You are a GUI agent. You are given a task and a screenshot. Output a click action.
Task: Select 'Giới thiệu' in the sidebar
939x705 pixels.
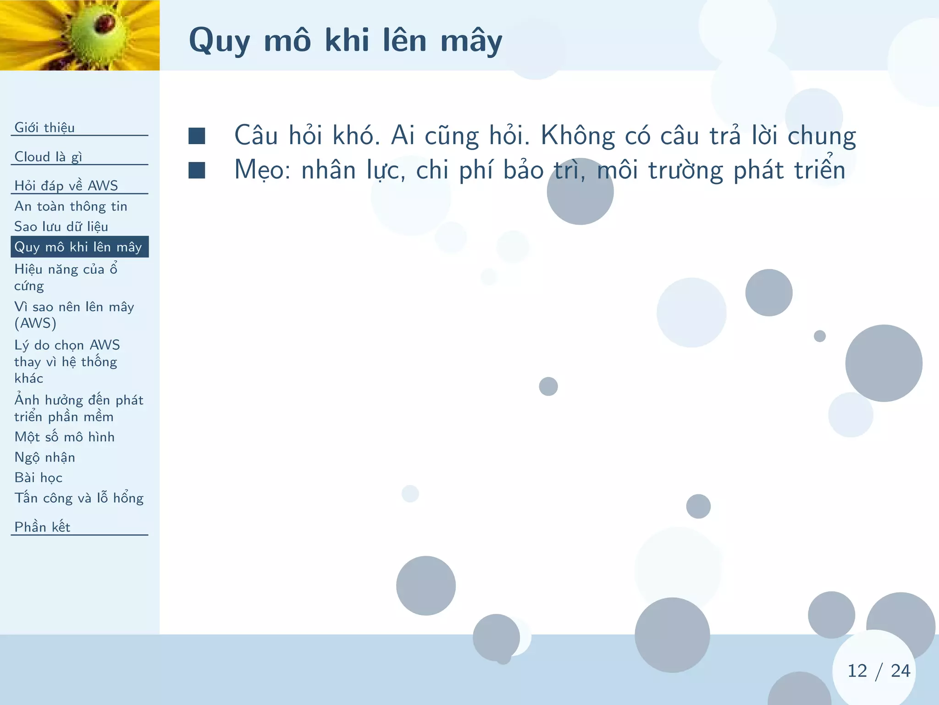point(44,127)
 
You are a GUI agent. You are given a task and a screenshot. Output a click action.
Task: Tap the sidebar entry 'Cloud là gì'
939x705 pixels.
point(48,157)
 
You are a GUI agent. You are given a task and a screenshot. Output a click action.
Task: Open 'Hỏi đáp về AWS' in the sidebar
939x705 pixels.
point(66,185)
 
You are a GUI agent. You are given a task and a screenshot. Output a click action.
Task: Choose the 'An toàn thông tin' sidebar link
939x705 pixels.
point(71,206)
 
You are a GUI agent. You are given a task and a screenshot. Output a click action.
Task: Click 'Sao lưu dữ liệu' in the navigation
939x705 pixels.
point(61,226)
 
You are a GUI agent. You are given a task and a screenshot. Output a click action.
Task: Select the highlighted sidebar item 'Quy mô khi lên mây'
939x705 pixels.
point(78,247)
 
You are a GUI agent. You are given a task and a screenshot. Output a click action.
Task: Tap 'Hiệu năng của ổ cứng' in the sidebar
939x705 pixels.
point(66,277)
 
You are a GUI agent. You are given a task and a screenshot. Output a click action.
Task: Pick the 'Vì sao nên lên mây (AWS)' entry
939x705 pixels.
point(74,315)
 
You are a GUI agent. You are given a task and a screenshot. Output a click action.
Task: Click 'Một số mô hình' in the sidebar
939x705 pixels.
point(64,436)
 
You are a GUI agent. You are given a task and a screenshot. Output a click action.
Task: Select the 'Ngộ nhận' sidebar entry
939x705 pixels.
point(44,457)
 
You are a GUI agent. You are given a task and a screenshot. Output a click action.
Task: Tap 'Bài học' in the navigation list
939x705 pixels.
point(38,477)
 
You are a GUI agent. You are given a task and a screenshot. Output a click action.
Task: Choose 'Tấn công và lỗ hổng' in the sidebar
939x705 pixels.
point(79,498)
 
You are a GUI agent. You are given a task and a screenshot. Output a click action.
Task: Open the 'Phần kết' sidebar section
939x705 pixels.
point(42,527)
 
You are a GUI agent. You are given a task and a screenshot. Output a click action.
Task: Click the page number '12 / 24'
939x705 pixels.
point(878,671)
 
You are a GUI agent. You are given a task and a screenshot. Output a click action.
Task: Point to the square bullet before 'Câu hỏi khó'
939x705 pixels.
point(197,136)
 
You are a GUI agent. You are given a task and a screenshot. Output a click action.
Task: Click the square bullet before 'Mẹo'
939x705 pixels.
point(197,170)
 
